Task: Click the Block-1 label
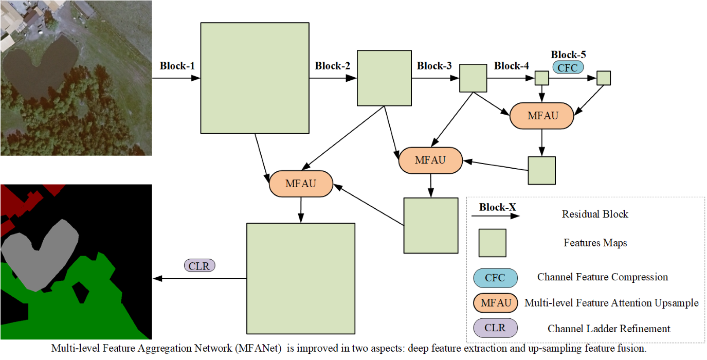[x=177, y=66]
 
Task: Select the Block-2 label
[x=333, y=66]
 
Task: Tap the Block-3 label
[x=434, y=66]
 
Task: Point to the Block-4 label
[x=511, y=66]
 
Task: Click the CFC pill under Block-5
[x=568, y=67]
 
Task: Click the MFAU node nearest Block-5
[x=541, y=116]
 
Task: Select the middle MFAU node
[x=430, y=160]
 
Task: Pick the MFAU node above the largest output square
[x=301, y=184]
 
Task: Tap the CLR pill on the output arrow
[x=200, y=266]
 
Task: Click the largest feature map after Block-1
[x=254, y=77]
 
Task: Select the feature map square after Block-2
[x=384, y=78]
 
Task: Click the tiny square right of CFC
[x=603, y=78]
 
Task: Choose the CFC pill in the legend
[x=495, y=278]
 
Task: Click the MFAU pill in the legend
[x=495, y=303]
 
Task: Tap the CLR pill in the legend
[x=495, y=328]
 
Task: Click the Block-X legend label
[x=497, y=208]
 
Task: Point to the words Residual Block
[x=595, y=214]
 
